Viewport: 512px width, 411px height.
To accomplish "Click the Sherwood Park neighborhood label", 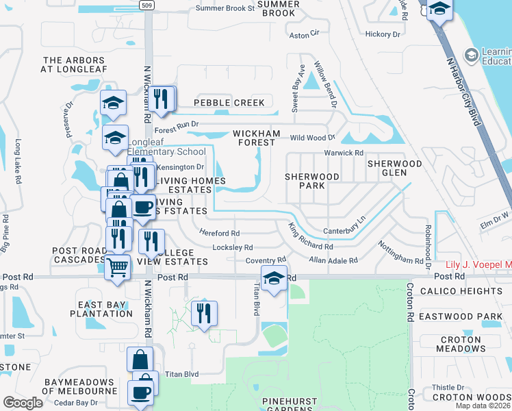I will (x=312, y=181).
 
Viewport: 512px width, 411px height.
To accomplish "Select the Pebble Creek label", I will (x=229, y=103).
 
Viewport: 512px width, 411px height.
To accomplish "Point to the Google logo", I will (x=23, y=402).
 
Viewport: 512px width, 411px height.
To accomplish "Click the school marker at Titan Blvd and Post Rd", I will (x=273, y=279).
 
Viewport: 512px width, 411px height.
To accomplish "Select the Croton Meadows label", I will (x=461, y=344).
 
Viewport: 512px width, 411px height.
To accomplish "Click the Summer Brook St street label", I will (x=225, y=9).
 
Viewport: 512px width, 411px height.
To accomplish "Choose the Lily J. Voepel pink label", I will (x=478, y=265).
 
